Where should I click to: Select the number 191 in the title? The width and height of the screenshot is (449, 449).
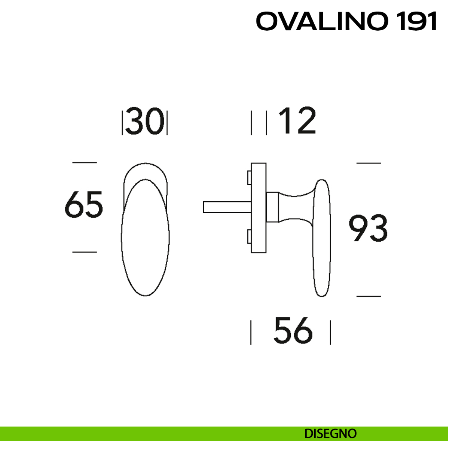[415, 22]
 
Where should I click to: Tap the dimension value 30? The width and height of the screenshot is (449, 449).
[145, 122]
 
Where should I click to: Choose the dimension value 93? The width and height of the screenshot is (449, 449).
[368, 228]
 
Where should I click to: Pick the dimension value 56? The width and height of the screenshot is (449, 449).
[293, 330]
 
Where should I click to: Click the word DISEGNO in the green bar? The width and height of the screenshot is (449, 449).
[330, 434]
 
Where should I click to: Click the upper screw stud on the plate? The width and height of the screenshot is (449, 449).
[248, 178]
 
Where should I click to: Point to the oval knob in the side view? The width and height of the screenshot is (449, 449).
[321, 238]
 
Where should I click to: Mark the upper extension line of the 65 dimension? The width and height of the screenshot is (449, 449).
[84, 162]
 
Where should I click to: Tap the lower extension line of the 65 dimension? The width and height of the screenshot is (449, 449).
[84, 252]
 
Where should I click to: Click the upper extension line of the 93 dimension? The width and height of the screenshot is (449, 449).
[369, 163]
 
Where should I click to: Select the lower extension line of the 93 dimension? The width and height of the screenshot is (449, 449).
[369, 296]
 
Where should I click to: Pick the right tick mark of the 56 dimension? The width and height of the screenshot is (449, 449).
[330, 332]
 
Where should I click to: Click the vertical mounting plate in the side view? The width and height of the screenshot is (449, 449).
[259, 208]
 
